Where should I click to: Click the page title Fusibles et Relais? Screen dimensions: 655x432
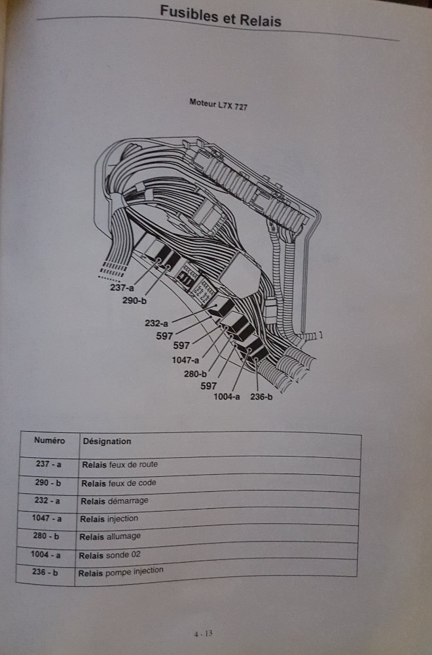(x=221, y=17)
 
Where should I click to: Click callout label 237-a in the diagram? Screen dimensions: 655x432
(x=121, y=287)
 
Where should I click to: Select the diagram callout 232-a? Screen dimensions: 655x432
(x=157, y=322)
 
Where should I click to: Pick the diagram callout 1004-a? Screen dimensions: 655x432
(x=226, y=396)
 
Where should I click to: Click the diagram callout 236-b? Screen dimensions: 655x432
(x=261, y=396)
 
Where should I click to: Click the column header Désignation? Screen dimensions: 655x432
(x=107, y=441)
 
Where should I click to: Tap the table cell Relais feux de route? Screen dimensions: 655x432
(x=119, y=464)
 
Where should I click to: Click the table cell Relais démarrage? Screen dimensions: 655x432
(x=115, y=500)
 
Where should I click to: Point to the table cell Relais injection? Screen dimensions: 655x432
(x=109, y=519)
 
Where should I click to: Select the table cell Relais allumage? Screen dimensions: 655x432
(x=109, y=536)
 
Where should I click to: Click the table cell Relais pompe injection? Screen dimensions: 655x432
(x=120, y=572)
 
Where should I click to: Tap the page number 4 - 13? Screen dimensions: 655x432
(x=206, y=633)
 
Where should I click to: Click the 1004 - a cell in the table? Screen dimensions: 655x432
(x=46, y=555)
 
